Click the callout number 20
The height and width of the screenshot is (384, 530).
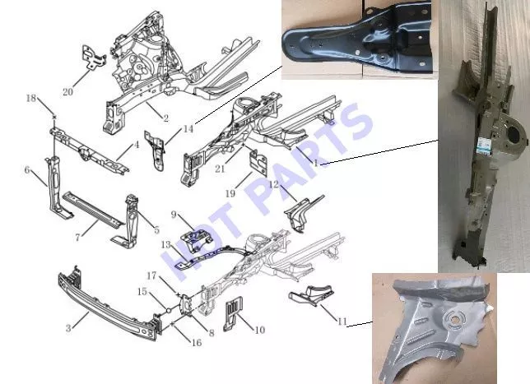point(67,91)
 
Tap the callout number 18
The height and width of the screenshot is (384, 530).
point(31,98)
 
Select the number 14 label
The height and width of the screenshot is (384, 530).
point(188,128)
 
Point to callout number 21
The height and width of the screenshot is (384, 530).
point(220,169)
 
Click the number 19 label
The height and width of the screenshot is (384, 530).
point(230,193)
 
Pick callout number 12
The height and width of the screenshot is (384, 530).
point(274,184)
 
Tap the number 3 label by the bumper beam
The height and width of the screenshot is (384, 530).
point(68,328)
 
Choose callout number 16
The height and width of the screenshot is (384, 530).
point(197,343)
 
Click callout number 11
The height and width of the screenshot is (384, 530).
point(342,322)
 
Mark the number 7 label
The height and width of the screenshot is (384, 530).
point(77,238)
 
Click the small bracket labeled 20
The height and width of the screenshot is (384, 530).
point(93,58)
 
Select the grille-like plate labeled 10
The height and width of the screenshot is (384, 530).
point(234,313)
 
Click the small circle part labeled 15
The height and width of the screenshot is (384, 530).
point(169,310)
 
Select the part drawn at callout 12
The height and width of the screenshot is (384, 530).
point(302,213)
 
